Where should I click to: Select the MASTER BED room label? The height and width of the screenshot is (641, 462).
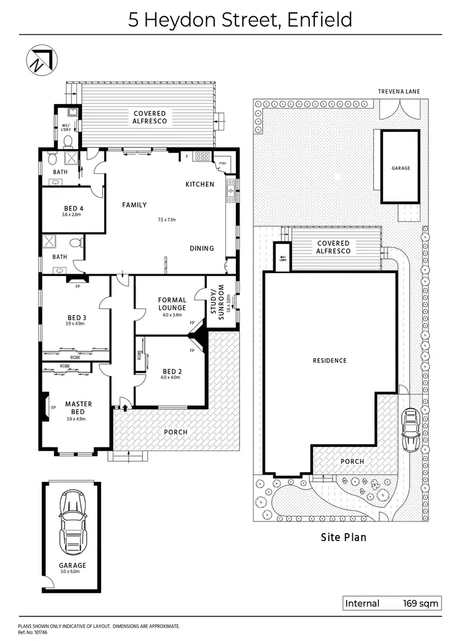coord(79,408)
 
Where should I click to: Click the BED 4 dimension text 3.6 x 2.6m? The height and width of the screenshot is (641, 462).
coord(73,215)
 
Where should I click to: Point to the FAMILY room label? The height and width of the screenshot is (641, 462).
coord(134,205)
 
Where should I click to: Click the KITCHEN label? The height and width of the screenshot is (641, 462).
coord(200,184)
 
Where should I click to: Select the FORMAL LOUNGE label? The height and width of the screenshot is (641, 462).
coord(172,304)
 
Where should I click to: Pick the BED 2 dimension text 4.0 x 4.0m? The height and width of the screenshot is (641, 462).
coord(171,377)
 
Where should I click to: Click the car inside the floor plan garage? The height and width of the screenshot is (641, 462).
coord(73,523)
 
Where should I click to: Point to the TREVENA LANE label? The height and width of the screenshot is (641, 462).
coord(399,91)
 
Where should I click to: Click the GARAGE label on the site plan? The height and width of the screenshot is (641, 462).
coord(400,168)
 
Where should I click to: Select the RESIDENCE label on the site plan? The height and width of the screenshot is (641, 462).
coord(330,361)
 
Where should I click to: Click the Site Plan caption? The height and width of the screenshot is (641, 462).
coord(343,537)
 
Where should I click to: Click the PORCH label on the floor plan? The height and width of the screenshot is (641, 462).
coord(175,432)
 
